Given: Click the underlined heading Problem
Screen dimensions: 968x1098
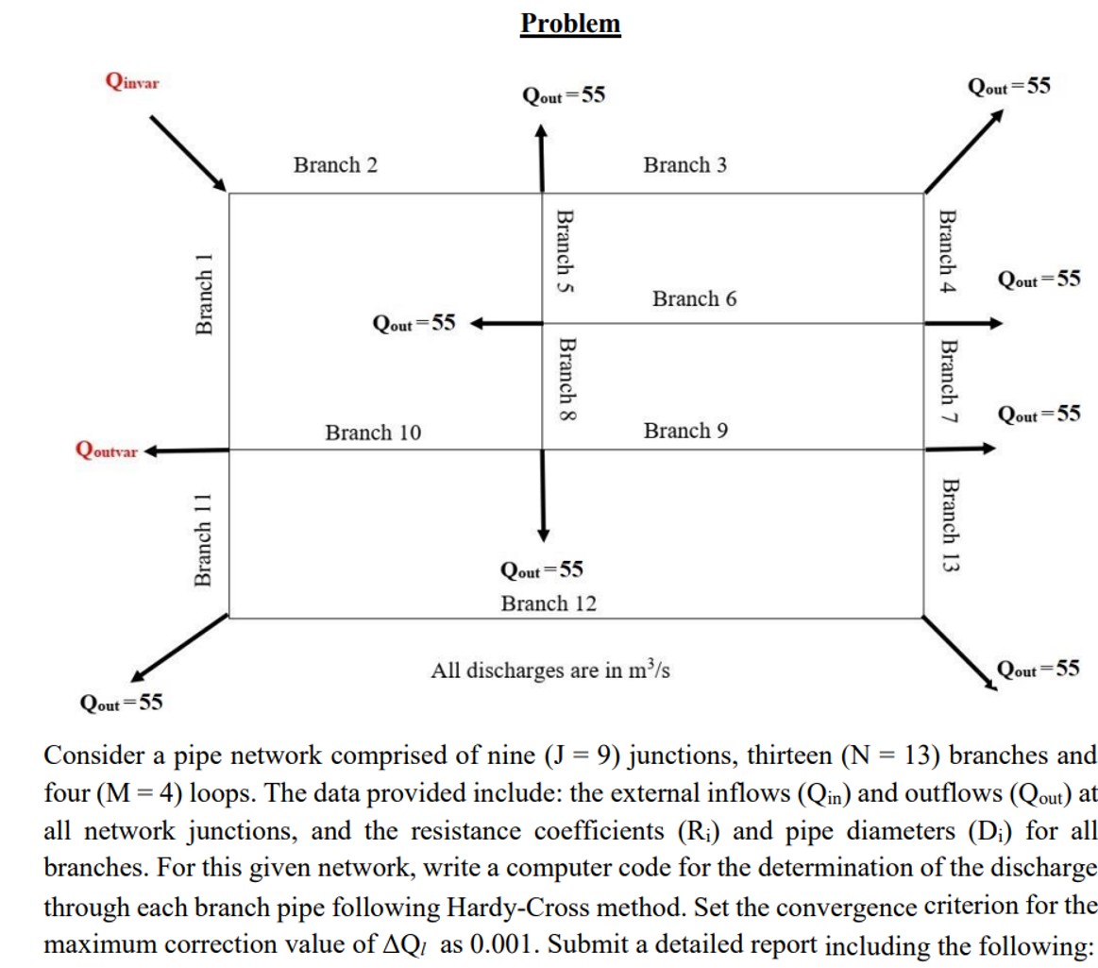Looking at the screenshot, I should (x=570, y=23).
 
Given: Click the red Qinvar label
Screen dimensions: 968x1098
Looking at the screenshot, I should (x=132, y=81).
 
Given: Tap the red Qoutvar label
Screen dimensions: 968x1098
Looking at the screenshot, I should (x=106, y=450).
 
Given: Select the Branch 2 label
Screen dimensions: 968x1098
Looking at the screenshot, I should (x=335, y=165).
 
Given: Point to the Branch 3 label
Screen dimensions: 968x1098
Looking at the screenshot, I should (x=684, y=165).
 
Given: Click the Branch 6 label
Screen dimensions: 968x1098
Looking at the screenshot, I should (x=694, y=299).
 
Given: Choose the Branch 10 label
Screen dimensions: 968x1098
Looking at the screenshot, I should (x=373, y=433).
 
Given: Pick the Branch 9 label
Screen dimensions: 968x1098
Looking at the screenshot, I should (x=685, y=432).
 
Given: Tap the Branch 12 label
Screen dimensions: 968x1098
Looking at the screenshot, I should (x=549, y=603).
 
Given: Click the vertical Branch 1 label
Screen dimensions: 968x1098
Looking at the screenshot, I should (x=202, y=294).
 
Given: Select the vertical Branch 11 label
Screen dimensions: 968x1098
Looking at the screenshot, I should (x=202, y=539).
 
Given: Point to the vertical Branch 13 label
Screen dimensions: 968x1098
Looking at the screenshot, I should (x=948, y=525).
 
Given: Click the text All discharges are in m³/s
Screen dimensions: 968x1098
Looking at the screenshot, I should (x=550, y=671).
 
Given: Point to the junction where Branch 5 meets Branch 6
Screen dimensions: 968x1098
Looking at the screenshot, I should (x=542, y=323).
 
